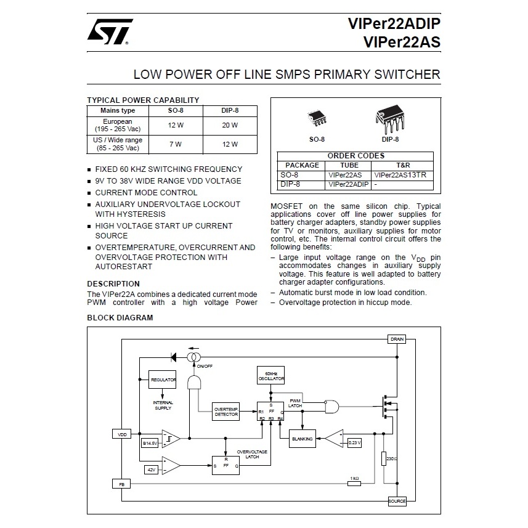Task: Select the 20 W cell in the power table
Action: coord(230,125)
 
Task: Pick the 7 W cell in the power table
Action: coord(176,144)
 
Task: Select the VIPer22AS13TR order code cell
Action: coord(404,175)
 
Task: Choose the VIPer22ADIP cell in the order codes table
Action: coord(348,184)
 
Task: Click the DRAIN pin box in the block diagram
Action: coord(397,339)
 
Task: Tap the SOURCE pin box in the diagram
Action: coord(397,501)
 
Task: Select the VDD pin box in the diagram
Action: coord(121,434)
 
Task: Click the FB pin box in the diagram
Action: coord(121,484)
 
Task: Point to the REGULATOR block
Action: coord(163,380)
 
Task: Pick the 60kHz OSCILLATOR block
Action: coord(271,376)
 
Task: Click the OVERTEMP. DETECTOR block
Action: coord(227,413)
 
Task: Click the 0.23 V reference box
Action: coord(354,442)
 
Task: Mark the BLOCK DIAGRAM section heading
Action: coord(120,318)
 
